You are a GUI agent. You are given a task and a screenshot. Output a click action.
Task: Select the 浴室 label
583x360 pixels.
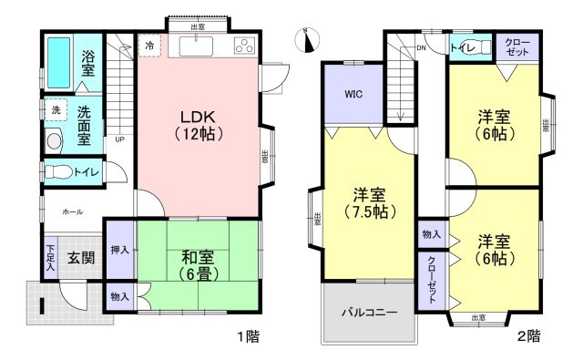click(87, 63)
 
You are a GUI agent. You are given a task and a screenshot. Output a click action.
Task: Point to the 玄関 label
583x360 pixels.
click(81, 258)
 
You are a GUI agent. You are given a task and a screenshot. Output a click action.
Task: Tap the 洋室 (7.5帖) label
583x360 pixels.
click(370, 204)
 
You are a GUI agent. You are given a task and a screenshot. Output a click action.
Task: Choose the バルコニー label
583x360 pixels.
click(369, 313)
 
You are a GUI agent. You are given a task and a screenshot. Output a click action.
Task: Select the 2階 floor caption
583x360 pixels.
click(528, 335)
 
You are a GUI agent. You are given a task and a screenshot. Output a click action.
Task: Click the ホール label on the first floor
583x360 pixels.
click(72, 211)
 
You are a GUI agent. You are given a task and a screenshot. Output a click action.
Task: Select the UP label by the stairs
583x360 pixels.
click(119, 140)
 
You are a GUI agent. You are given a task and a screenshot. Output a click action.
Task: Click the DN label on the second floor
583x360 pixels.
click(422, 47)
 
